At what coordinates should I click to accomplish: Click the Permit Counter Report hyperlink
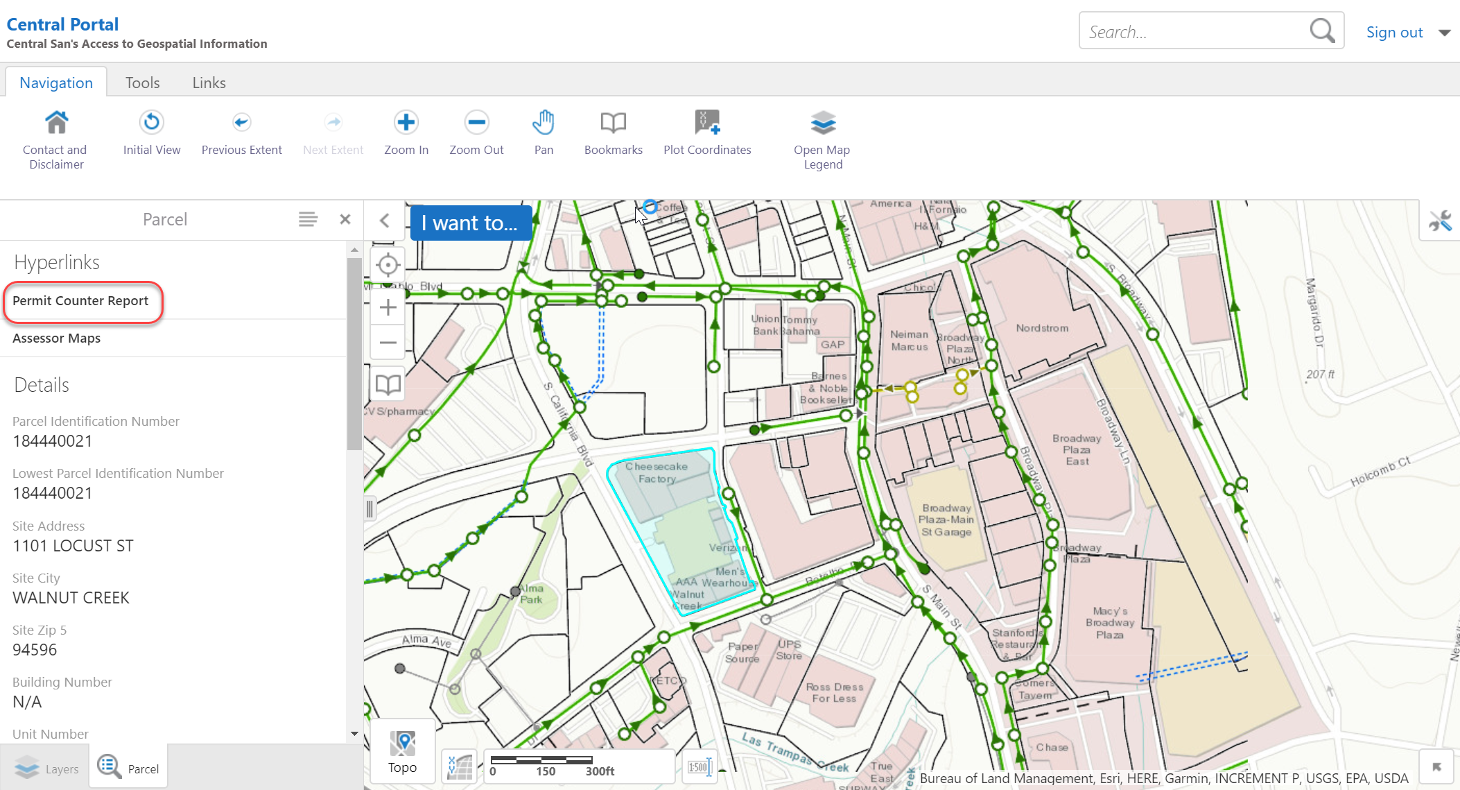click(x=80, y=301)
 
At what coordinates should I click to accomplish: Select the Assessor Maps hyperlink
click(x=57, y=338)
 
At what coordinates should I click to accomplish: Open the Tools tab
click(x=142, y=83)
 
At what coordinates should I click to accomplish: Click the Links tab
click(x=209, y=83)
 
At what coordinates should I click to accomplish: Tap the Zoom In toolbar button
click(x=406, y=132)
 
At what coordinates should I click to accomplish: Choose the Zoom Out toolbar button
click(x=476, y=132)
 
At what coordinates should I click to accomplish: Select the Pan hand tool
click(x=544, y=132)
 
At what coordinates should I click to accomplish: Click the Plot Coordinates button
click(x=707, y=132)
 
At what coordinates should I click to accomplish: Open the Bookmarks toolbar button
click(x=613, y=132)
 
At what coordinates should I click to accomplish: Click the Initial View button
click(x=152, y=132)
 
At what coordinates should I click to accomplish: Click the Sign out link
click(x=1394, y=33)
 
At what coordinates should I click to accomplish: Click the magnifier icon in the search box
click(x=1321, y=31)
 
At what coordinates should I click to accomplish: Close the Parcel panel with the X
click(x=345, y=220)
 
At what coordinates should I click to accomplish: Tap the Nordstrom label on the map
click(x=1042, y=328)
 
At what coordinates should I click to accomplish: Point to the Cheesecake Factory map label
click(x=657, y=472)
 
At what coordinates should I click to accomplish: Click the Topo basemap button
click(x=403, y=752)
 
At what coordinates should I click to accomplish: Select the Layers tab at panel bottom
click(x=46, y=768)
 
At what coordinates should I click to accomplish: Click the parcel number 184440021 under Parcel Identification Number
click(x=53, y=441)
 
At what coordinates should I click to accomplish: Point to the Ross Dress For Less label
click(x=835, y=692)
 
